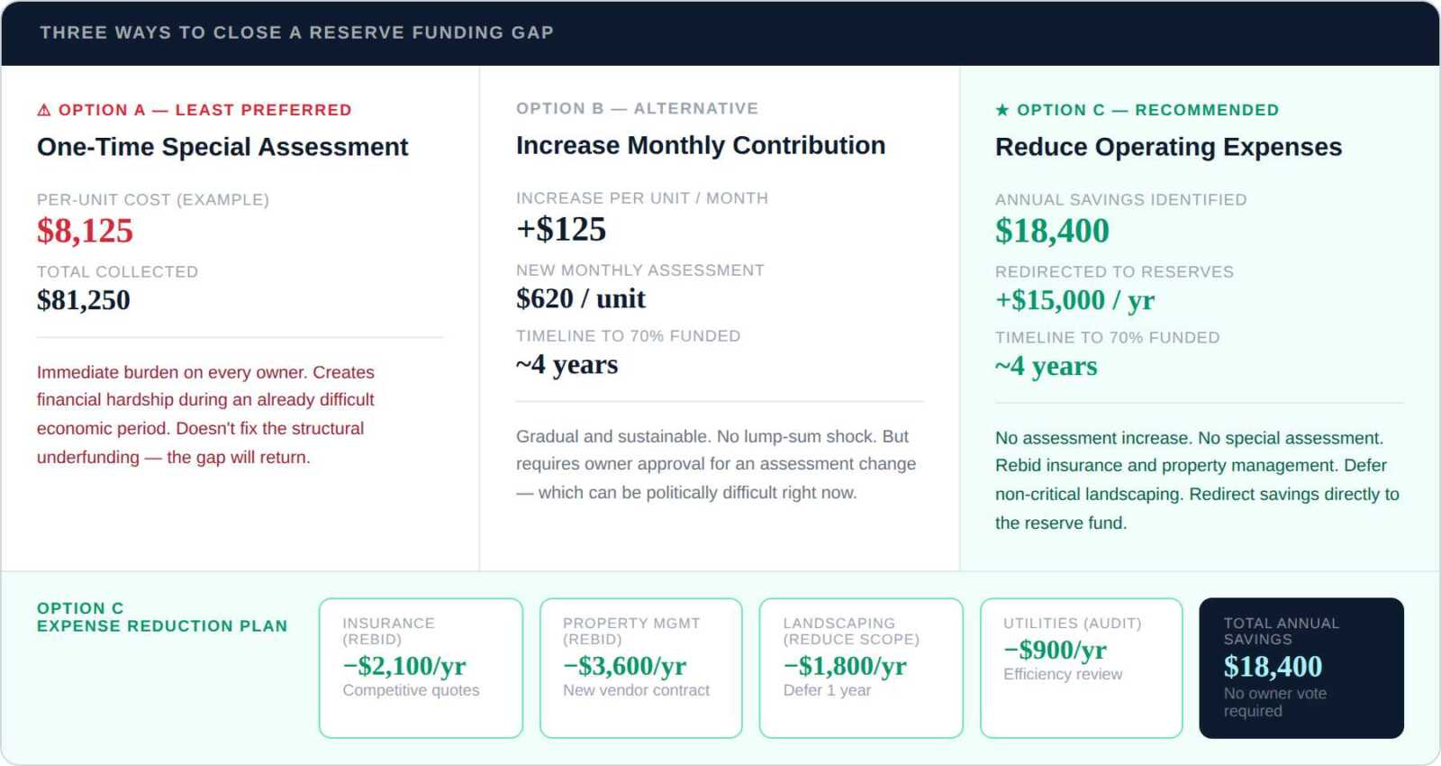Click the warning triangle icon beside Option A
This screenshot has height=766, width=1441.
click(x=44, y=110)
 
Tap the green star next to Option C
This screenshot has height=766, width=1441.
click(x=1002, y=110)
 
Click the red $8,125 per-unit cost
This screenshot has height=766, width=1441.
click(x=85, y=231)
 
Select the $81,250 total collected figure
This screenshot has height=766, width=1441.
click(x=84, y=300)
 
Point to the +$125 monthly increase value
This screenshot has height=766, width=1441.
click(x=561, y=229)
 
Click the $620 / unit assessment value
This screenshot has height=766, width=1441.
click(x=580, y=298)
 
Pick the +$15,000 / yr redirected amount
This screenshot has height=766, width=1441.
click(x=1075, y=300)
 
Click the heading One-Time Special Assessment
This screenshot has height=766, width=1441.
click(x=222, y=147)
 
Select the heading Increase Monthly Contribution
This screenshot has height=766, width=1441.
click(x=701, y=145)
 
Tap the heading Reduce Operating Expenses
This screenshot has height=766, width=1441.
click(x=1168, y=147)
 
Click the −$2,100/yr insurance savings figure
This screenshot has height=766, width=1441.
click(x=404, y=666)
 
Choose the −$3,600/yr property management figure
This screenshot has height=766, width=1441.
click(x=625, y=666)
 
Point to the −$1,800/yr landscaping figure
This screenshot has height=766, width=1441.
click(x=845, y=666)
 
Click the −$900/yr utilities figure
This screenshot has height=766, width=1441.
click(x=1055, y=650)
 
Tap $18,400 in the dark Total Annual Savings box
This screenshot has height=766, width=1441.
click(x=1273, y=666)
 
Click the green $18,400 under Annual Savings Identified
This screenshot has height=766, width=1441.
click(x=1052, y=231)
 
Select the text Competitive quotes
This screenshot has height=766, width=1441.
click(x=411, y=690)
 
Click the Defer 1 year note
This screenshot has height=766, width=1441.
click(x=827, y=690)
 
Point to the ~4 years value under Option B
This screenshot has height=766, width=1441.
click(x=566, y=365)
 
